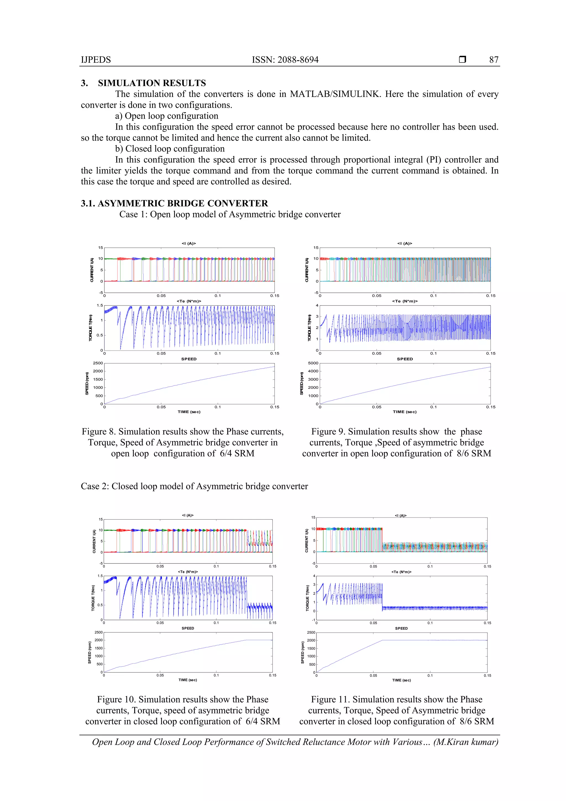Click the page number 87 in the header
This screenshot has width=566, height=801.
494,60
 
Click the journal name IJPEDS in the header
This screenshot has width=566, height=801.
96,60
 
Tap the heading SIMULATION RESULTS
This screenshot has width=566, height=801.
152,83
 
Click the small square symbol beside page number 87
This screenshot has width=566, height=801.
462,59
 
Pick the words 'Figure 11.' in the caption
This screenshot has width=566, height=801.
330,700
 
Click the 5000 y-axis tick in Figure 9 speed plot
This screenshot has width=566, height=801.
313,363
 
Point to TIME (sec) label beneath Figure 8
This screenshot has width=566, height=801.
189,412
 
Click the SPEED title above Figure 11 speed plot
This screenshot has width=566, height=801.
401,628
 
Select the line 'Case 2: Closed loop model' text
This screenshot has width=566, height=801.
194,486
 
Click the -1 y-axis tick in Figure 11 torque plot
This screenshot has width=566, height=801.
313,620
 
